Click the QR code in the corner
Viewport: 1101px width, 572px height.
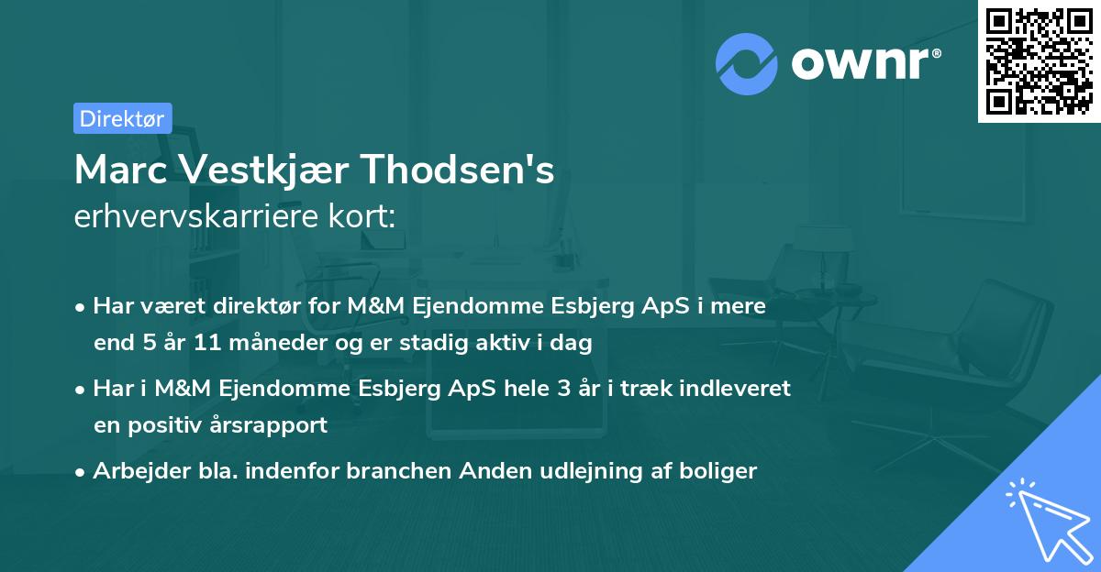tap(1039, 61)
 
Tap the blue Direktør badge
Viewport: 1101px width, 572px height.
tap(122, 118)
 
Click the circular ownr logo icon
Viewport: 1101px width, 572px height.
tap(747, 63)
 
